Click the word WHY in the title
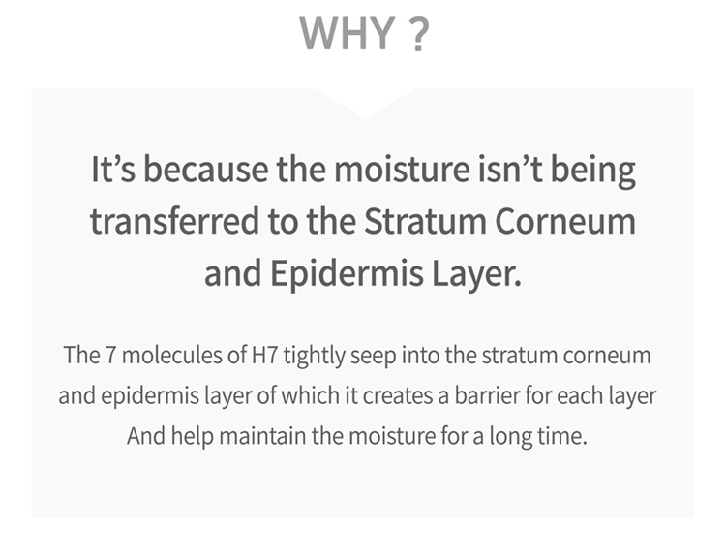click(348, 33)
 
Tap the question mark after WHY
click(419, 33)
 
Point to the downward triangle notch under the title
click(365, 103)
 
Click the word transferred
click(174, 221)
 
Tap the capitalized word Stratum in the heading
click(425, 221)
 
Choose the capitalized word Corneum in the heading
click(565, 221)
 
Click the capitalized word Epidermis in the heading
click(347, 274)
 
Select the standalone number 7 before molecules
click(110, 356)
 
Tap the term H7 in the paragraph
click(264, 356)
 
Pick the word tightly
click(315, 357)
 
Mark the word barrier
click(487, 395)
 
